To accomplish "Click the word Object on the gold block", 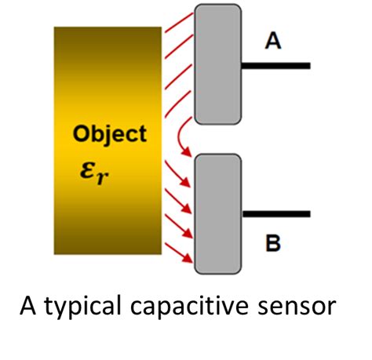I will [109, 134].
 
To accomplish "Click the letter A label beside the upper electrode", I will [272, 42].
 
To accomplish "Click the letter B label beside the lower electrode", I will [272, 244].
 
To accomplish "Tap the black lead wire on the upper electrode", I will [275, 66].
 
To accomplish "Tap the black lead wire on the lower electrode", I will [275, 213].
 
